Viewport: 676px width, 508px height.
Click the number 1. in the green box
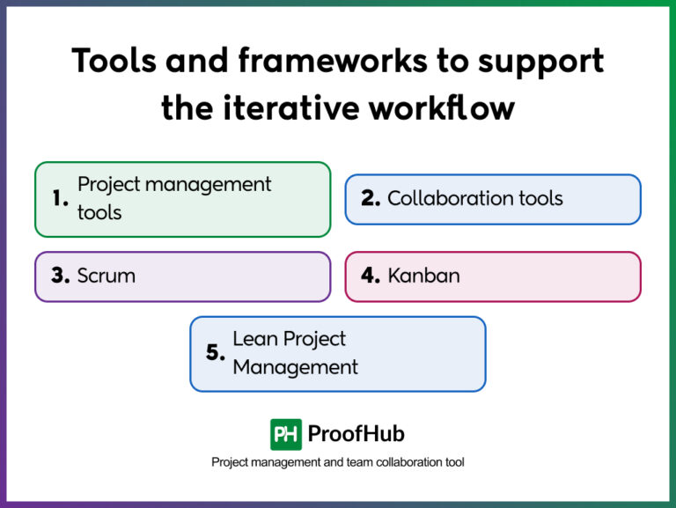tap(60, 199)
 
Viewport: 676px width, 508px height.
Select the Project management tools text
tap(174, 198)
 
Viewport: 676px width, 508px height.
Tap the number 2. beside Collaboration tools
tap(371, 199)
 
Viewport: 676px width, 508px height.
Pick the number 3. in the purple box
tap(60, 276)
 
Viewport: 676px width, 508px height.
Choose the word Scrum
tap(107, 276)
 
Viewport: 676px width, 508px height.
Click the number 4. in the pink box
tap(371, 276)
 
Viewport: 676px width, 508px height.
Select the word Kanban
tap(423, 276)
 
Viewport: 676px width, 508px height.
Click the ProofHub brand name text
tap(356, 434)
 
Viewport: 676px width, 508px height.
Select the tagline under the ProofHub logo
tap(338, 462)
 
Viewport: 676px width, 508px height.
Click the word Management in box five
tap(295, 367)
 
